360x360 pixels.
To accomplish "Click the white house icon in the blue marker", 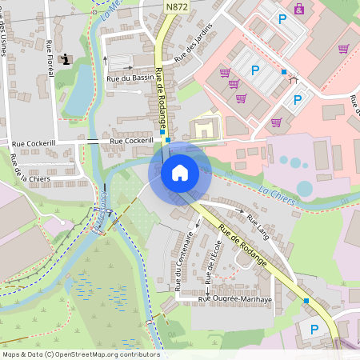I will (179, 172).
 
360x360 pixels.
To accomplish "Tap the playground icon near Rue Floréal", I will (66, 59).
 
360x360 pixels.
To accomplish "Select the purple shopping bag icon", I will (298, 9).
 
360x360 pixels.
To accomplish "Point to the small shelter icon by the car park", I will (293, 78).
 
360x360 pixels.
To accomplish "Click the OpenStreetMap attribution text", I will (80, 354).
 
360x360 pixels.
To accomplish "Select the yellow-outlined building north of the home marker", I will (203, 127).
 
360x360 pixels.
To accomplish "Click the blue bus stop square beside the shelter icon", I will (283, 72).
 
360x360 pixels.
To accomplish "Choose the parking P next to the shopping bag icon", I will (281, 18).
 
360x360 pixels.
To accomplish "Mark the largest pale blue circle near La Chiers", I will (305, 189).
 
